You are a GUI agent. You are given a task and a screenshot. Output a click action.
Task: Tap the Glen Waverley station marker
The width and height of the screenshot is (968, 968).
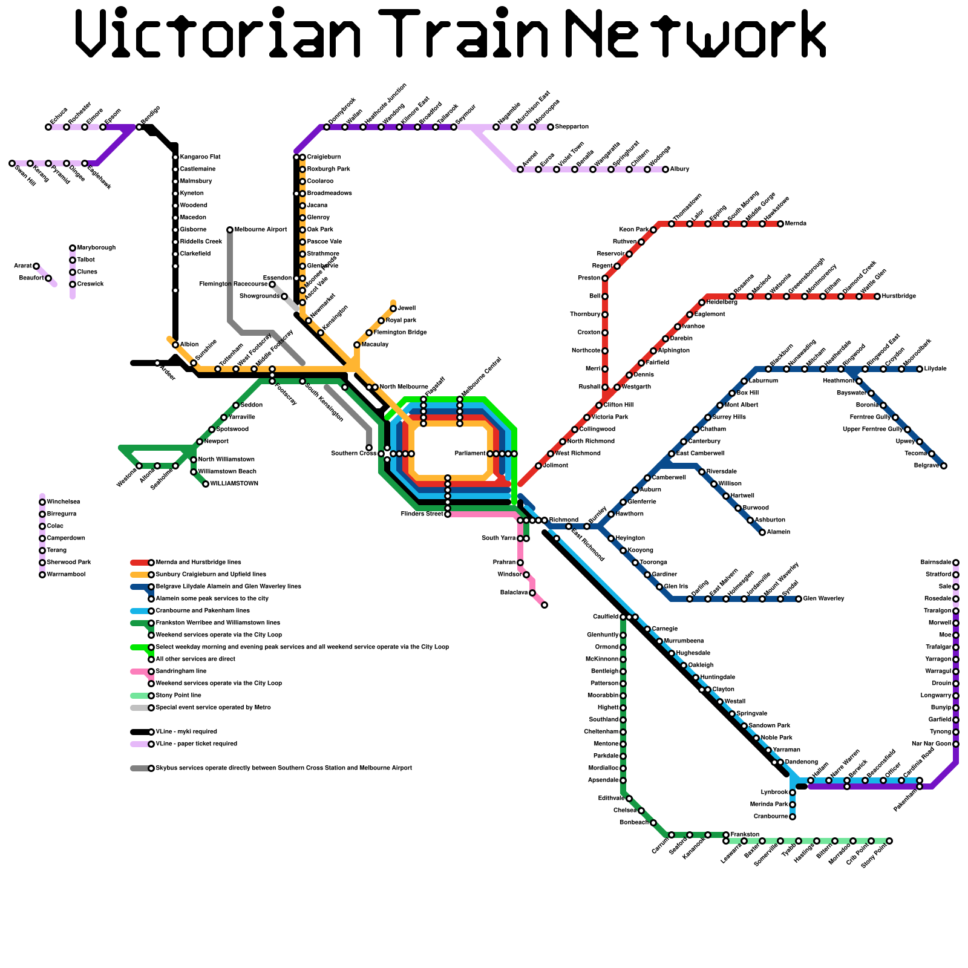pos(799,599)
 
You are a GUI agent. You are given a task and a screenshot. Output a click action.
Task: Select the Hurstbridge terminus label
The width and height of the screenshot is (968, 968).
pos(899,296)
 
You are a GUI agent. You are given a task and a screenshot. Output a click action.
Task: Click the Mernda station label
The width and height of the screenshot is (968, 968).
pos(796,224)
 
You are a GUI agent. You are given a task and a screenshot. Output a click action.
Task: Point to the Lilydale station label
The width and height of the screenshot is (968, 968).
pos(935,369)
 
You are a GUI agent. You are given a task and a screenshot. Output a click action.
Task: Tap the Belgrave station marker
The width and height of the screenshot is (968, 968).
pos(944,466)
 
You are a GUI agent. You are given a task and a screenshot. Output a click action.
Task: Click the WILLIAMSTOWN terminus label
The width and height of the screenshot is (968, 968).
pos(234,484)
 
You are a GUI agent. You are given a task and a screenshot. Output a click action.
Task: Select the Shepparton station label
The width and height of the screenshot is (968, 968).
pos(572,127)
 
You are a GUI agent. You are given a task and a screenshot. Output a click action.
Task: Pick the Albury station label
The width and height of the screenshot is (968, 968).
pos(679,169)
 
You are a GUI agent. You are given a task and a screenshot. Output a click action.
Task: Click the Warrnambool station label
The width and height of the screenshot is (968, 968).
pos(67,575)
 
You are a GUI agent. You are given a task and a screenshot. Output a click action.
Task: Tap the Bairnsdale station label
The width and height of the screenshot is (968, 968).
pos(935,563)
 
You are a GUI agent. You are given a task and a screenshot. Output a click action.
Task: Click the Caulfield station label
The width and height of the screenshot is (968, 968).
pos(606,617)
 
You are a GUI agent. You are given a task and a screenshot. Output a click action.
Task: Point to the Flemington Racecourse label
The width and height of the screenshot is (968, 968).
pos(234,284)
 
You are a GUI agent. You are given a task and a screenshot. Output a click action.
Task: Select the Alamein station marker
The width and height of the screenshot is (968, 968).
pos(762,532)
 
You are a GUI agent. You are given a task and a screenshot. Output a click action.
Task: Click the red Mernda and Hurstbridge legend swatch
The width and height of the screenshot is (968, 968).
pos(139,563)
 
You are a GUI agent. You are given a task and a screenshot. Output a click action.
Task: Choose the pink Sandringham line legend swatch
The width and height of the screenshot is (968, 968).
pos(139,672)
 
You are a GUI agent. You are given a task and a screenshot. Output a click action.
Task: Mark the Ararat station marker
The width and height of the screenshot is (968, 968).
pos(36,266)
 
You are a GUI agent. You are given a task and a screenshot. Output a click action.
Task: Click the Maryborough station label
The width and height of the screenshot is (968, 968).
pos(96,248)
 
